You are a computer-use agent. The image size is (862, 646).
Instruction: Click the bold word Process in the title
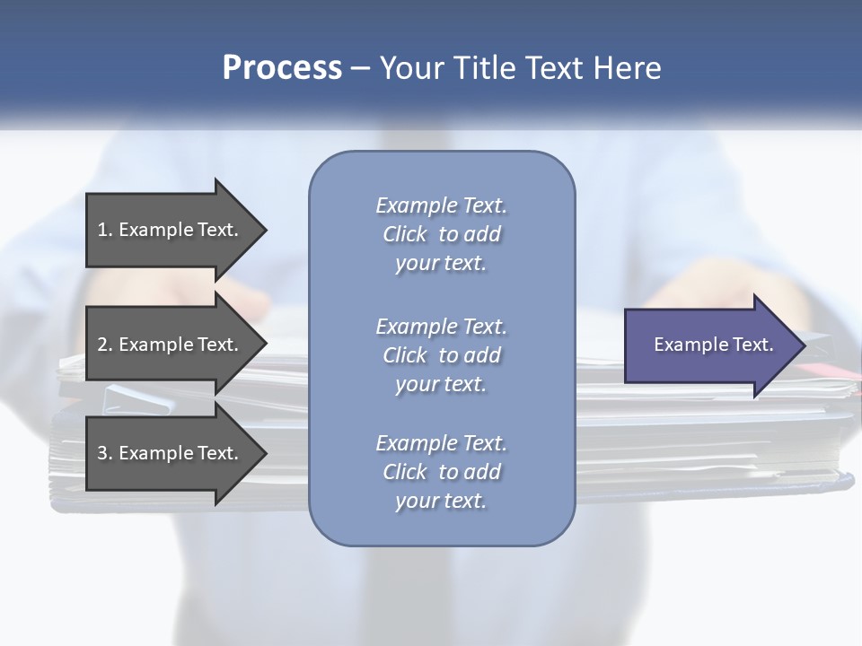(282, 68)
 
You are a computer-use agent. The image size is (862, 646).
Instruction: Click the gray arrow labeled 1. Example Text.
(171, 230)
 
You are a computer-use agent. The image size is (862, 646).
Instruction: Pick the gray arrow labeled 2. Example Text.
(171, 345)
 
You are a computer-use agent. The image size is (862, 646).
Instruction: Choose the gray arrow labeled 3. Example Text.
(171, 453)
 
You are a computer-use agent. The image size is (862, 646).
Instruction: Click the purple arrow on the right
(709, 345)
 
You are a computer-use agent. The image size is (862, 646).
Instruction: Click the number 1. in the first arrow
(105, 230)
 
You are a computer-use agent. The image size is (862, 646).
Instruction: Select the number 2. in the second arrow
(105, 345)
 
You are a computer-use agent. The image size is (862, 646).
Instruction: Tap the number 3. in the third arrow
(105, 453)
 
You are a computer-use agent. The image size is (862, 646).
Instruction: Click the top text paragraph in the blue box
(441, 234)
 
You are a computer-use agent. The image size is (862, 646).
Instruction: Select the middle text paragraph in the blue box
(441, 355)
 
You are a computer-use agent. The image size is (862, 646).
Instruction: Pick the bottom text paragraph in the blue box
(441, 472)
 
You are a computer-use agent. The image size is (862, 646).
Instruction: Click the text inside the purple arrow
(713, 345)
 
